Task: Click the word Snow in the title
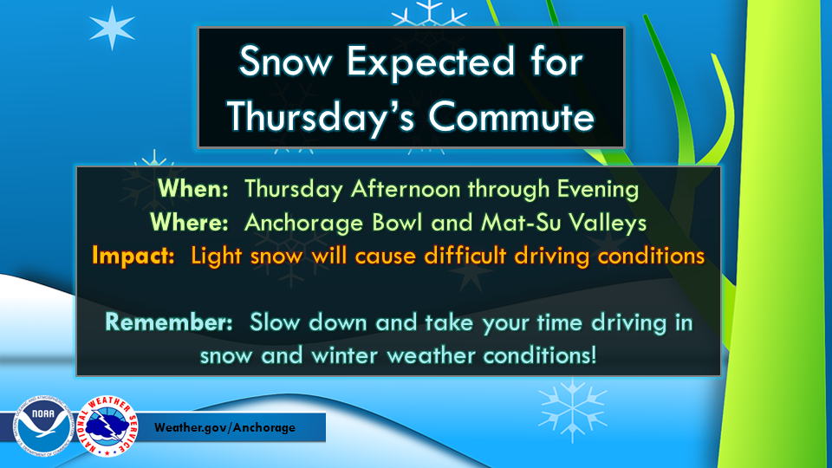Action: tap(285, 61)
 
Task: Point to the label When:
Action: tap(193, 189)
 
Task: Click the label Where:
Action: tap(190, 223)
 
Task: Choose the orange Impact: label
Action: tap(133, 257)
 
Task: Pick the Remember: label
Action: tap(169, 322)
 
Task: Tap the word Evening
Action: tap(598, 191)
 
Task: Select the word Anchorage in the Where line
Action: tap(304, 224)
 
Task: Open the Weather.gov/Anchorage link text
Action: tap(225, 427)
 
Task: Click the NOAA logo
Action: tap(43, 425)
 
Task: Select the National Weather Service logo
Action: tap(107, 426)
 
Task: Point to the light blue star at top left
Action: tap(112, 28)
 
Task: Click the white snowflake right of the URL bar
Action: tap(573, 410)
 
